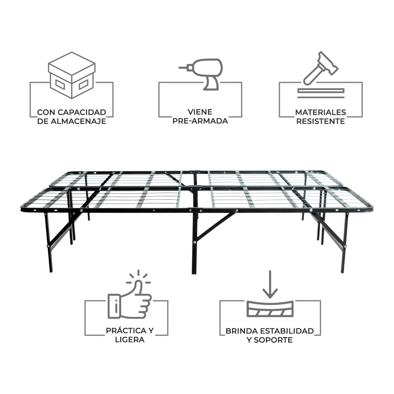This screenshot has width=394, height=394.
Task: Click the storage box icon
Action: click(x=72, y=75)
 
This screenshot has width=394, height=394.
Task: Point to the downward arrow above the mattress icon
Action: click(x=270, y=284)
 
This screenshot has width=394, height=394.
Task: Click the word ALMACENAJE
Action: click(x=78, y=121)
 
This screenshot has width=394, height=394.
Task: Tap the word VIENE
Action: click(x=200, y=112)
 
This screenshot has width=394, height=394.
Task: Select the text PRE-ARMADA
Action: click(x=200, y=121)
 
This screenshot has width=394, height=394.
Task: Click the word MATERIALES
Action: click(x=320, y=112)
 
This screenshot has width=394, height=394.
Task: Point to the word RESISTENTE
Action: click(x=320, y=121)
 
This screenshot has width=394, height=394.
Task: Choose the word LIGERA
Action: click(x=130, y=340)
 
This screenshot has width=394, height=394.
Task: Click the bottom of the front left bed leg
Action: click(x=51, y=271)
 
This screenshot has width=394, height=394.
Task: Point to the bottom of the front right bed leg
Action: click(x=342, y=272)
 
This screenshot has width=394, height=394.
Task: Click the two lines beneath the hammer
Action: click(x=321, y=93)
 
